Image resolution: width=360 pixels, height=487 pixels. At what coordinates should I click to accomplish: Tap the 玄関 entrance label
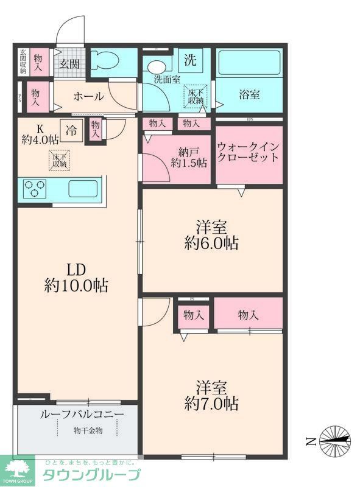[x=69, y=64]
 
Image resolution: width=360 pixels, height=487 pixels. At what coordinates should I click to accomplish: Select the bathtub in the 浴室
[x=249, y=63]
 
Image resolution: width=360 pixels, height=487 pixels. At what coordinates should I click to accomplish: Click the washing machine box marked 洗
[x=191, y=60]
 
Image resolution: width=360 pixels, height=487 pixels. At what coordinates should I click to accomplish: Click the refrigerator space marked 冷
[x=72, y=130]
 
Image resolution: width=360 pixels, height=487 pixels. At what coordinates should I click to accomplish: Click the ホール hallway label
[x=89, y=97]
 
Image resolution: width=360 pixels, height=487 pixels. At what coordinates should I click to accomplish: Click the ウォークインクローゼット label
[x=249, y=152]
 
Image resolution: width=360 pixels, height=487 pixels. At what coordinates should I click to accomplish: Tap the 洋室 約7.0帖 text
[x=211, y=394]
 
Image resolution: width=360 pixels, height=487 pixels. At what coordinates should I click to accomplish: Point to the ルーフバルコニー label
[x=82, y=415]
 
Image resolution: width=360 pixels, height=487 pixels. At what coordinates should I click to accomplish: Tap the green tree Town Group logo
[x=18, y=469]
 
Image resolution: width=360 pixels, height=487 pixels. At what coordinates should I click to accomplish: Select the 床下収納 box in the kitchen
[x=60, y=160]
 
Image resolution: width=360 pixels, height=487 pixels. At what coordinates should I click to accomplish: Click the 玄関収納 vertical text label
[x=23, y=61]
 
